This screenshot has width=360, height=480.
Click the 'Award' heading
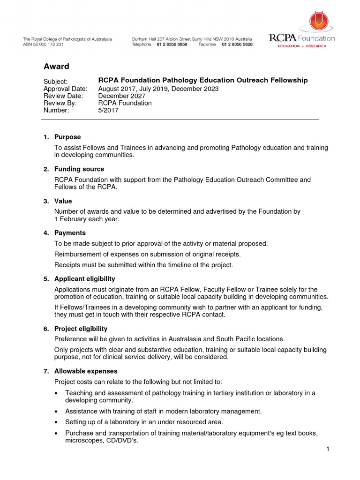[x=56, y=67]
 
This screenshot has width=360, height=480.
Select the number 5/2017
[x=108, y=111]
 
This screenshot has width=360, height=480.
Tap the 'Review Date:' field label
[x=63, y=96]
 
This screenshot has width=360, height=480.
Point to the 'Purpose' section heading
[x=67, y=137]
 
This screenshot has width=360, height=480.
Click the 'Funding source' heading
[x=79, y=169]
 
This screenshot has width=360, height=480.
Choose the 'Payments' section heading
[x=70, y=232]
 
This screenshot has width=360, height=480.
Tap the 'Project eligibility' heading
[x=81, y=329]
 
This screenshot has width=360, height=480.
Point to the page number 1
[x=328, y=450]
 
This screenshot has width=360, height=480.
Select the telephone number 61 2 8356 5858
[x=172, y=45]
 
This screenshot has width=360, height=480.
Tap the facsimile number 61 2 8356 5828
[x=237, y=45]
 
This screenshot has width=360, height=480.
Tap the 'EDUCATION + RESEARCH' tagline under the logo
[x=302, y=46]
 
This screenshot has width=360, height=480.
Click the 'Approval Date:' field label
[x=65, y=89]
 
